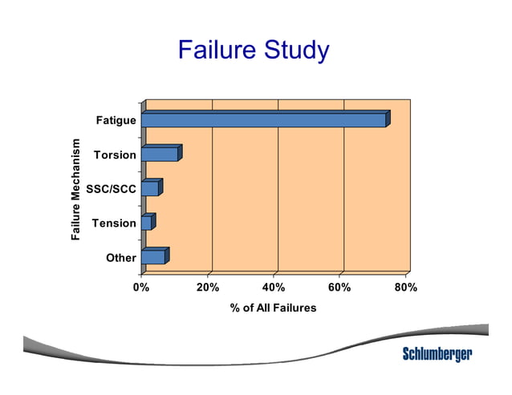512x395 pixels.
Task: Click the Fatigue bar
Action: tap(263, 120)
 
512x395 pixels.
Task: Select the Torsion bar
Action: tap(160, 154)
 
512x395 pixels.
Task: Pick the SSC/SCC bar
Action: tap(150, 188)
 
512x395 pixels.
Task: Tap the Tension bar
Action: tap(146, 223)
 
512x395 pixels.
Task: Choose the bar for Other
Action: tap(153, 257)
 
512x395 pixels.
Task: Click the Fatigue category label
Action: tap(116, 120)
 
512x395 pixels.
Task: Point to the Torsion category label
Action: tap(114, 154)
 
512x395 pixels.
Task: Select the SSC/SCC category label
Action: tap(111, 188)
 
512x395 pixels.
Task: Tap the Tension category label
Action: tap(114, 223)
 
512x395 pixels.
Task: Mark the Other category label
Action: tap(120, 257)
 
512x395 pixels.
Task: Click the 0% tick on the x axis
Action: tap(140, 287)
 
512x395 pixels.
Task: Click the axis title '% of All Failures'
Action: tap(274, 308)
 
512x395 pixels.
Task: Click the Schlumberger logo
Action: tap(437, 353)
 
